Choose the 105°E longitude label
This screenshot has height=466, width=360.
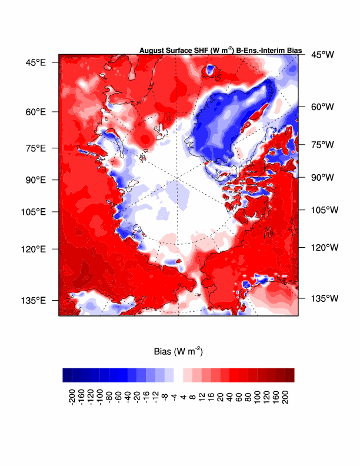(x=34, y=212)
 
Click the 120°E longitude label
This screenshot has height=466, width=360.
(x=34, y=249)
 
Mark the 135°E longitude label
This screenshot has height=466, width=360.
(x=34, y=300)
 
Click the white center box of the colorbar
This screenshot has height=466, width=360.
(x=178, y=375)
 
